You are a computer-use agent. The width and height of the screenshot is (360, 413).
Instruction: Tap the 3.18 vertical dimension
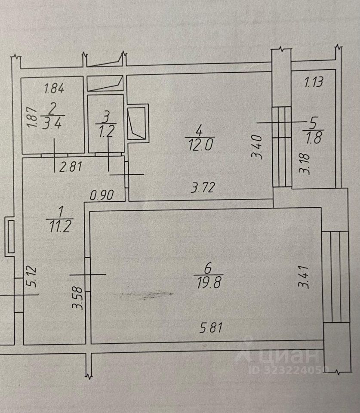point(306,162)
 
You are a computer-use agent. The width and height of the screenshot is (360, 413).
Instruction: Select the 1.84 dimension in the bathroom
point(54,89)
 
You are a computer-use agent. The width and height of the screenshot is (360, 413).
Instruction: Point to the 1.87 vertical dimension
point(30,117)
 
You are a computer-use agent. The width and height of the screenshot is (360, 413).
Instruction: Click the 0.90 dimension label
point(102,195)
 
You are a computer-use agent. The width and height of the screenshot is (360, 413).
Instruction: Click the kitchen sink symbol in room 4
point(138,123)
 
